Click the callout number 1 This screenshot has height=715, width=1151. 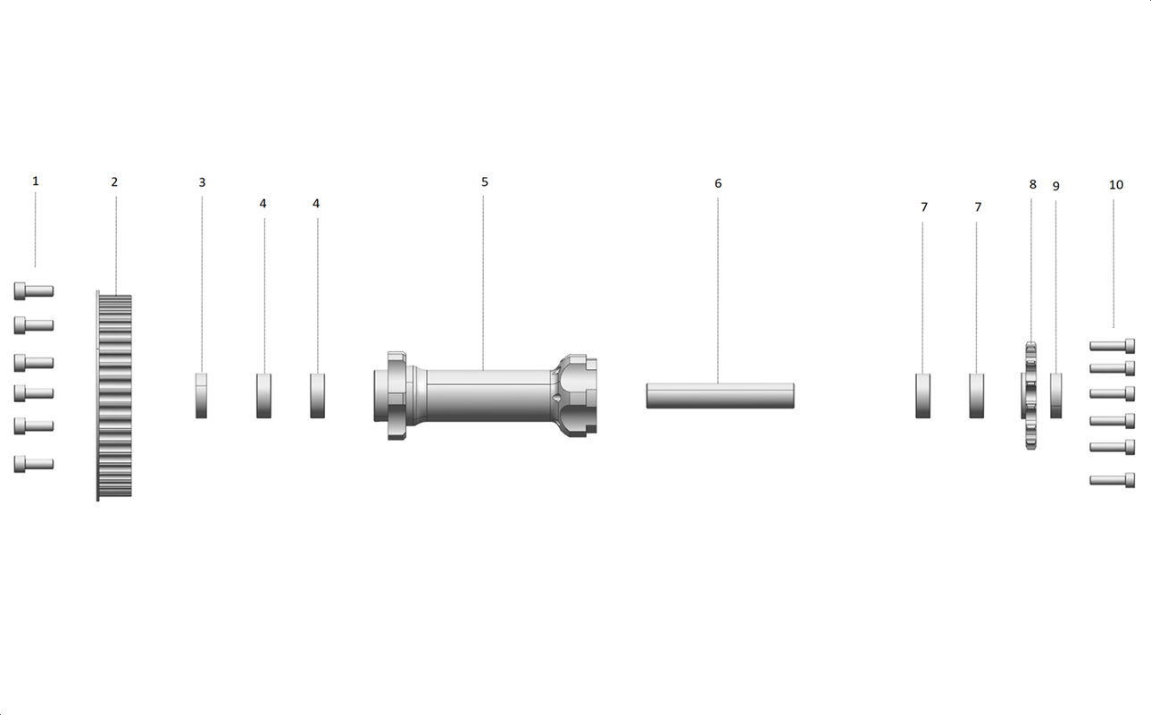point(35,181)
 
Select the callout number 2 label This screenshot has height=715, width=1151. point(114,182)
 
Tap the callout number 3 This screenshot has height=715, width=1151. point(202,182)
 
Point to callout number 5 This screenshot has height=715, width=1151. point(485,182)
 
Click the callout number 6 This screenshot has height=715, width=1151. point(718,183)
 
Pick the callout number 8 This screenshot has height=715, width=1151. point(1033,184)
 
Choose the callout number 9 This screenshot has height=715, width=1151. point(1056,186)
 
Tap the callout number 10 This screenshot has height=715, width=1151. point(1116,185)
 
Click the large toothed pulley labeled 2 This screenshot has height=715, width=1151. point(114,396)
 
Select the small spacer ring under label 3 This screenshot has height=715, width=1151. point(202,396)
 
